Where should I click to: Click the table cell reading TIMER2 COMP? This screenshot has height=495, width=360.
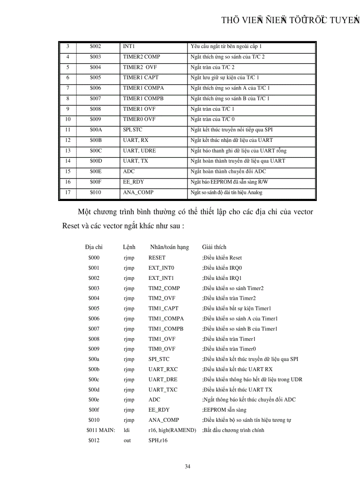141,57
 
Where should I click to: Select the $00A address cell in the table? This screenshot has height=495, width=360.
95,130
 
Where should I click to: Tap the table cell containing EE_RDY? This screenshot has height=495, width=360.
133,182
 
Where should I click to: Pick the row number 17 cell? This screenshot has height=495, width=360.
68,192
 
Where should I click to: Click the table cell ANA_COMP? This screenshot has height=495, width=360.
138,192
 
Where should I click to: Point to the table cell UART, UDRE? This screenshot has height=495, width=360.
139,151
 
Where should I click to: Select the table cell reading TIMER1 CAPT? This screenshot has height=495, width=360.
141,78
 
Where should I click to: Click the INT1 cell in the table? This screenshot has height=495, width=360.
129,46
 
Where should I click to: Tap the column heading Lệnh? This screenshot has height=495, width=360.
129,247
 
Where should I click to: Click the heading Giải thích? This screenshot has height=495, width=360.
214,247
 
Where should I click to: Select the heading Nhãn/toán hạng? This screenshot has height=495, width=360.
169,247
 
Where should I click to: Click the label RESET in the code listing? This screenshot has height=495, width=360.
157,258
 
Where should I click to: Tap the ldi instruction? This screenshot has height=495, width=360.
127,430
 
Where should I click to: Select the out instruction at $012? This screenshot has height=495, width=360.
127,440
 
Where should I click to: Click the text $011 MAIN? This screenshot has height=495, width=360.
101,430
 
